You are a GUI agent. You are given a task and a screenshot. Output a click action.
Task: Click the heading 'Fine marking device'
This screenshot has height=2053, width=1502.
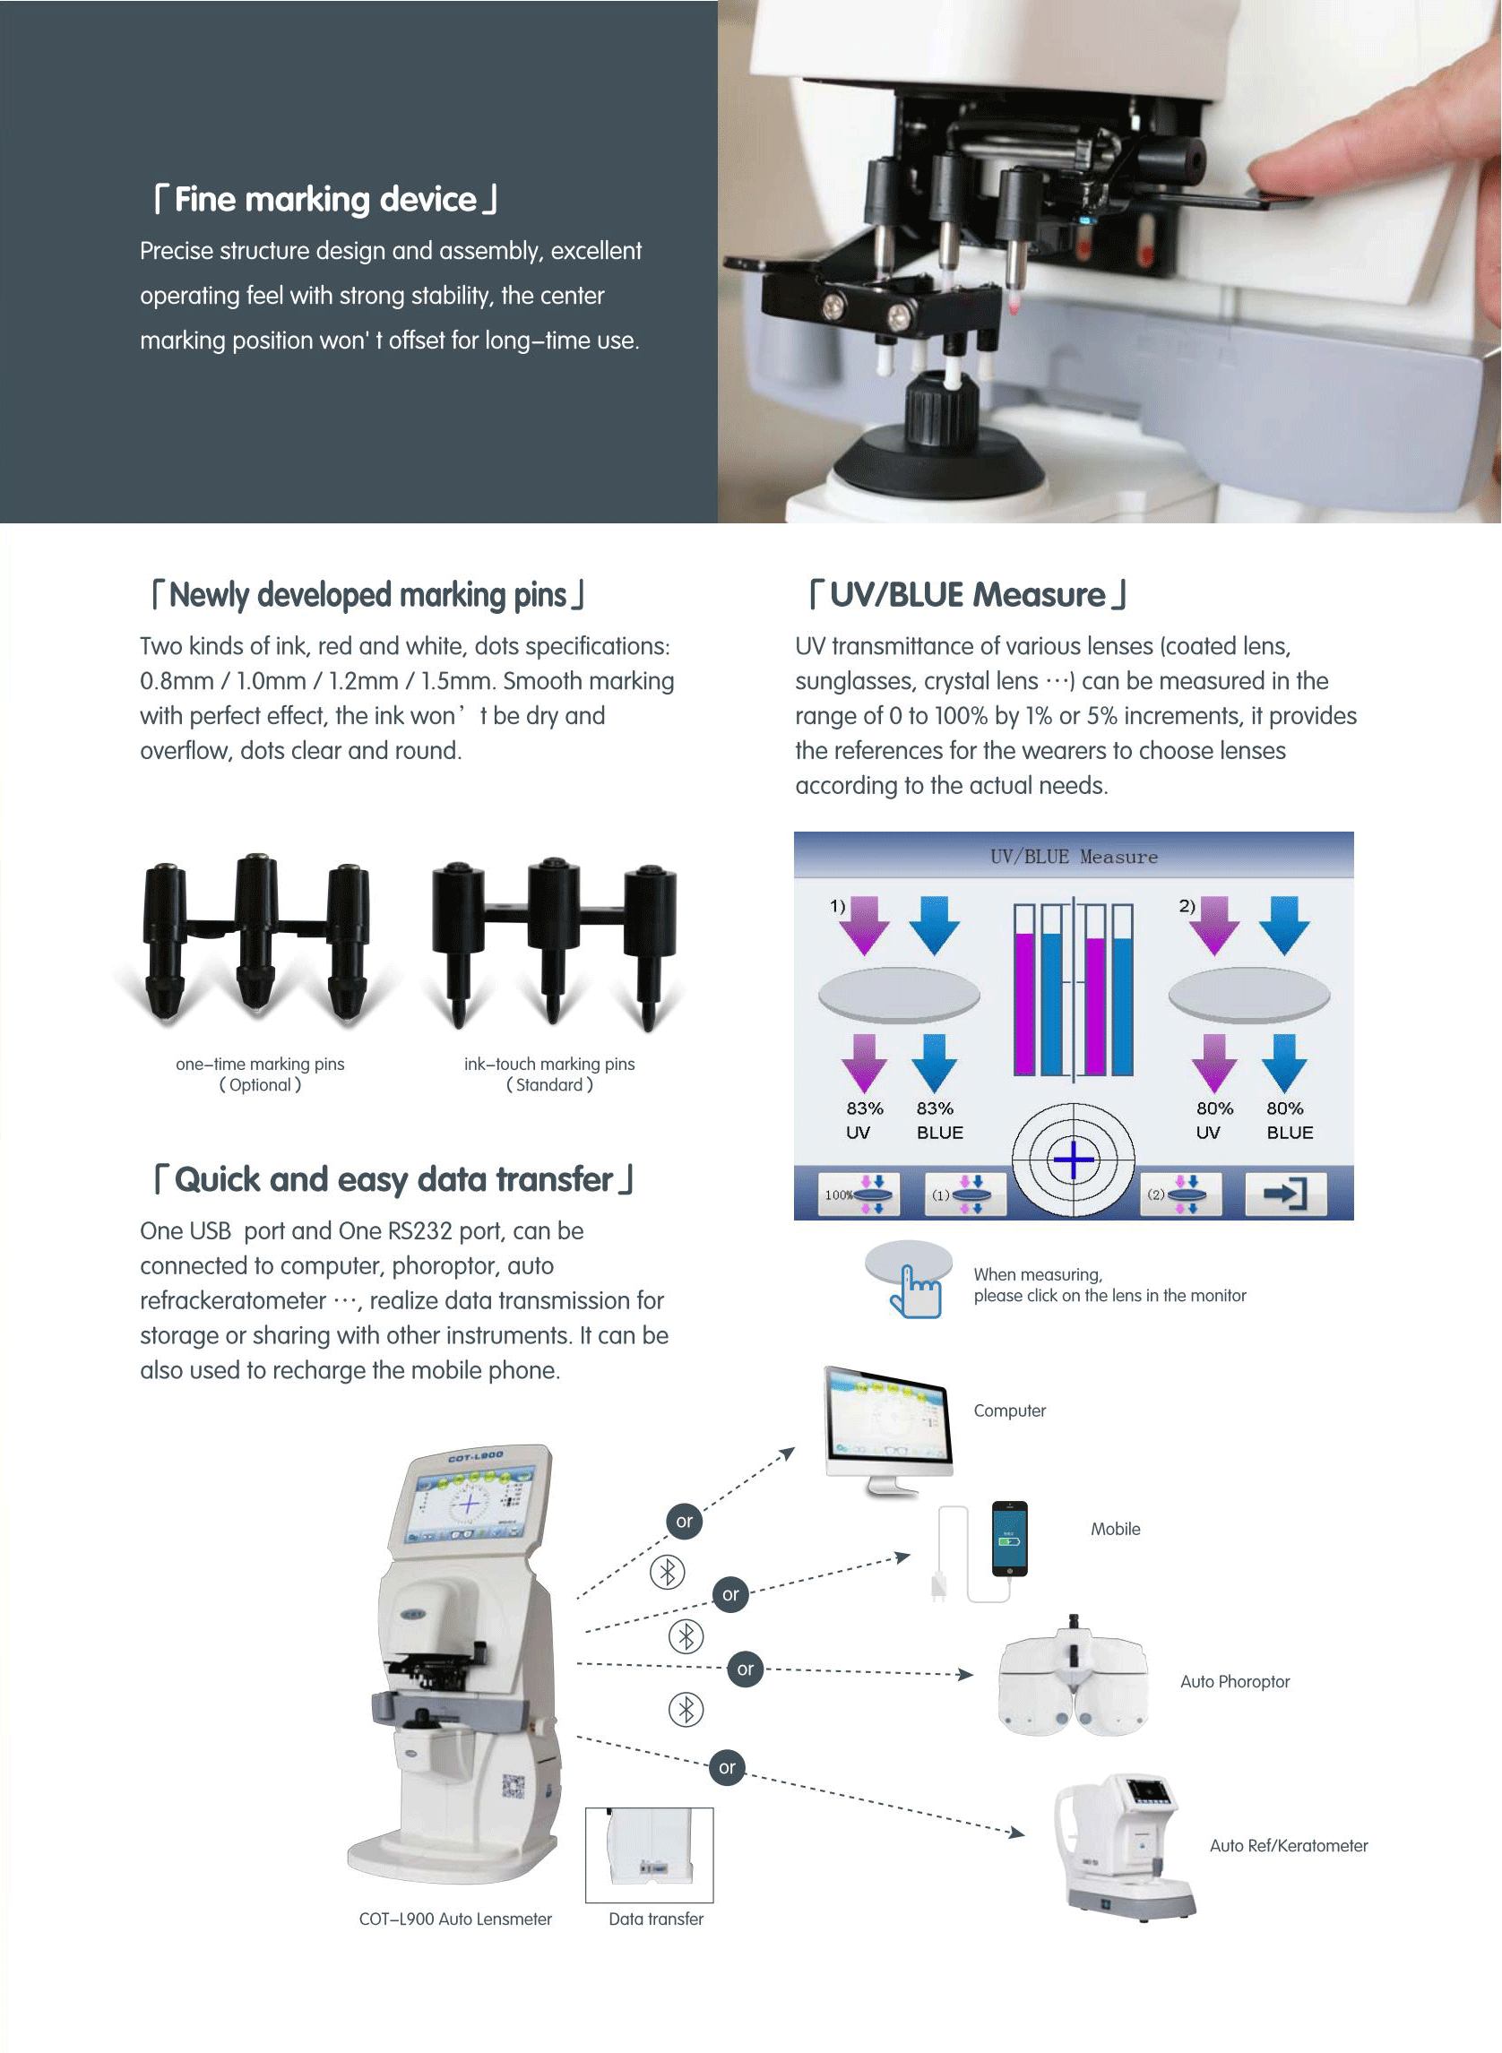click(324, 199)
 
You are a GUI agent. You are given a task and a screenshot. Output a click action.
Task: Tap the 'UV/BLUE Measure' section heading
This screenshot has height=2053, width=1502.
click(967, 595)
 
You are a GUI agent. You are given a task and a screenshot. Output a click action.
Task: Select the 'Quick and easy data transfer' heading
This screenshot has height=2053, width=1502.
click(393, 1179)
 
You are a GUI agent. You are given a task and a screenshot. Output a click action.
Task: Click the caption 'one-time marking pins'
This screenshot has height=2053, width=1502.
click(260, 1064)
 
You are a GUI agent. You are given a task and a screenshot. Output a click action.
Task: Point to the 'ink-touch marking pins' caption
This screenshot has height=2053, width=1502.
click(549, 1064)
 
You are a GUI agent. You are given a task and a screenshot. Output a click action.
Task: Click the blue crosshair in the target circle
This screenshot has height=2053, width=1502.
click(1074, 1160)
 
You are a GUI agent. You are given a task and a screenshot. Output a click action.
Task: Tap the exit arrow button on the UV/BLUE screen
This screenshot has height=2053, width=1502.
click(1286, 1193)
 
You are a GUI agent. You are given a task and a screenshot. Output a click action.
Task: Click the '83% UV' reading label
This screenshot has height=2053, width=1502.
click(863, 1120)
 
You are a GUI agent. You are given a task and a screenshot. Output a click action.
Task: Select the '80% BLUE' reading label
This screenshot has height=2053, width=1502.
click(1290, 1120)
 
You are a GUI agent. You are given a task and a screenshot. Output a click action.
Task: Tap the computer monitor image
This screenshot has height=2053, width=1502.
click(888, 1427)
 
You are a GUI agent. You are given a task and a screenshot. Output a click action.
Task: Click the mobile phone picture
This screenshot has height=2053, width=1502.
click(1009, 1539)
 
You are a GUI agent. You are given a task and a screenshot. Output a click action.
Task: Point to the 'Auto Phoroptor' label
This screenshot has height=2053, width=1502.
click(1235, 1682)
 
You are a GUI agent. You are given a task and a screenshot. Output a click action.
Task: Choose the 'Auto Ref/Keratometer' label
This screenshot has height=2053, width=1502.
click(1289, 1846)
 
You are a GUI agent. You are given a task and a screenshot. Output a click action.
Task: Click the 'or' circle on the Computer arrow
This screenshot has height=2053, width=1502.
click(685, 1521)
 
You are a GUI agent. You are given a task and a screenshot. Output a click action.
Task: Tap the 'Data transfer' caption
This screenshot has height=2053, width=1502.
click(655, 1919)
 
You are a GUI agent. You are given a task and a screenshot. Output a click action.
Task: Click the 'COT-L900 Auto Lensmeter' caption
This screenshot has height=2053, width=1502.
click(454, 1919)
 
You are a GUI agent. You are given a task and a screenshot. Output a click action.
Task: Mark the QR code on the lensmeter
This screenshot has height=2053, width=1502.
click(514, 1787)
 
